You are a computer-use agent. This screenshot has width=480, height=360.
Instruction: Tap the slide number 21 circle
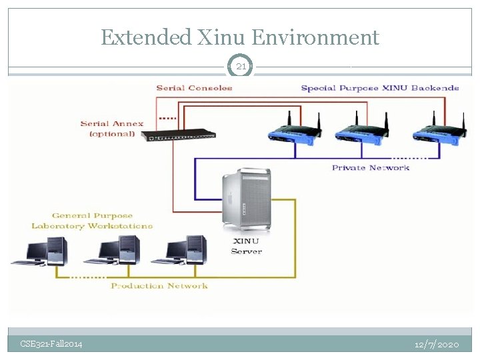[x=241, y=66]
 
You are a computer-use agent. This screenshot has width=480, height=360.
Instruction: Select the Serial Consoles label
[x=194, y=88]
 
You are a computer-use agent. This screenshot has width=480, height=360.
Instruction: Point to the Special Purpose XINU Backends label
[x=379, y=88]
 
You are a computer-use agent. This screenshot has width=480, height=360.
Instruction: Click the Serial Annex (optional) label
[x=112, y=128]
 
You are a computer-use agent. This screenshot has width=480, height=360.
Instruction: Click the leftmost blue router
[x=292, y=133]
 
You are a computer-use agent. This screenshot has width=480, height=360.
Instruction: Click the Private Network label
[x=370, y=167]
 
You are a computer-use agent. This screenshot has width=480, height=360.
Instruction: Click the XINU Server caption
[x=246, y=246]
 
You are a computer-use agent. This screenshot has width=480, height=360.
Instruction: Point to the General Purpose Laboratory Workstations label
[x=92, y=221]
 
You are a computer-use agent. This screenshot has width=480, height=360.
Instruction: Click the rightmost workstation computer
[x=186, y=251]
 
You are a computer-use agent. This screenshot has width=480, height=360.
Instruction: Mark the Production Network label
[x=159, y=286]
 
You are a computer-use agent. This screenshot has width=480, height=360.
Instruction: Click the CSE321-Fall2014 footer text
[x=51, y=344]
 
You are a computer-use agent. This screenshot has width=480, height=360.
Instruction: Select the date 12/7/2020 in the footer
[x=437, y=344]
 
